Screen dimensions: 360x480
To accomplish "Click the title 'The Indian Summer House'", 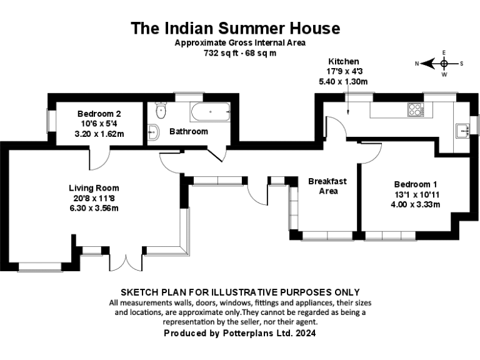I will click(x=235, y=28).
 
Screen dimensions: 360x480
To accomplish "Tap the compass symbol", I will click(x=444, y=63).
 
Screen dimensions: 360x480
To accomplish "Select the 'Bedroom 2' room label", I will click(x=99, y=114).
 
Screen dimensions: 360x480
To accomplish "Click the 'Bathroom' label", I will click(x=188, y=131).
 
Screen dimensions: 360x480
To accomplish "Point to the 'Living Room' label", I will click(x=94, y=187).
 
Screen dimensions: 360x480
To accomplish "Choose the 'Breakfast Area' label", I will click(x=327, y=186).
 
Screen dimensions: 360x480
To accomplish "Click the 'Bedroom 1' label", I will click(x=416, y=184).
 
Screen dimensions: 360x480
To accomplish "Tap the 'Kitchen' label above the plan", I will click(x=344, y=61).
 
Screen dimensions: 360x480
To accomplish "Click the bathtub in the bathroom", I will click(x=211, y=112).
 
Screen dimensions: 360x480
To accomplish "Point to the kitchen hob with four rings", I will click(x=415, y=110).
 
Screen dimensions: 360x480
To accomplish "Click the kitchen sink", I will click(x=463, y=130).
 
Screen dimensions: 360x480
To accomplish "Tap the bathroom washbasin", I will click(x=153, y=132).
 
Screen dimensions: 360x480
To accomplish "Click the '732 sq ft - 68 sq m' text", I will click(x=240, y=53).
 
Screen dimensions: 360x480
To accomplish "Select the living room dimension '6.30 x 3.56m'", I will click(x=94, y=208).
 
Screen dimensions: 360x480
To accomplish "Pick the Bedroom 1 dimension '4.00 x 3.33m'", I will click(x=416, y=204).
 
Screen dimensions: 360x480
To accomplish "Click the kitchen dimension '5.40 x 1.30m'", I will click(x=343, y=81).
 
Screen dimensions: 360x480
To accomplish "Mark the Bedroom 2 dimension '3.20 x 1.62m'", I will click(x=99, y=134).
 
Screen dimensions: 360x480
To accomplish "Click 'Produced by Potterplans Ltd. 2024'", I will click(x=239, y=334).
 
